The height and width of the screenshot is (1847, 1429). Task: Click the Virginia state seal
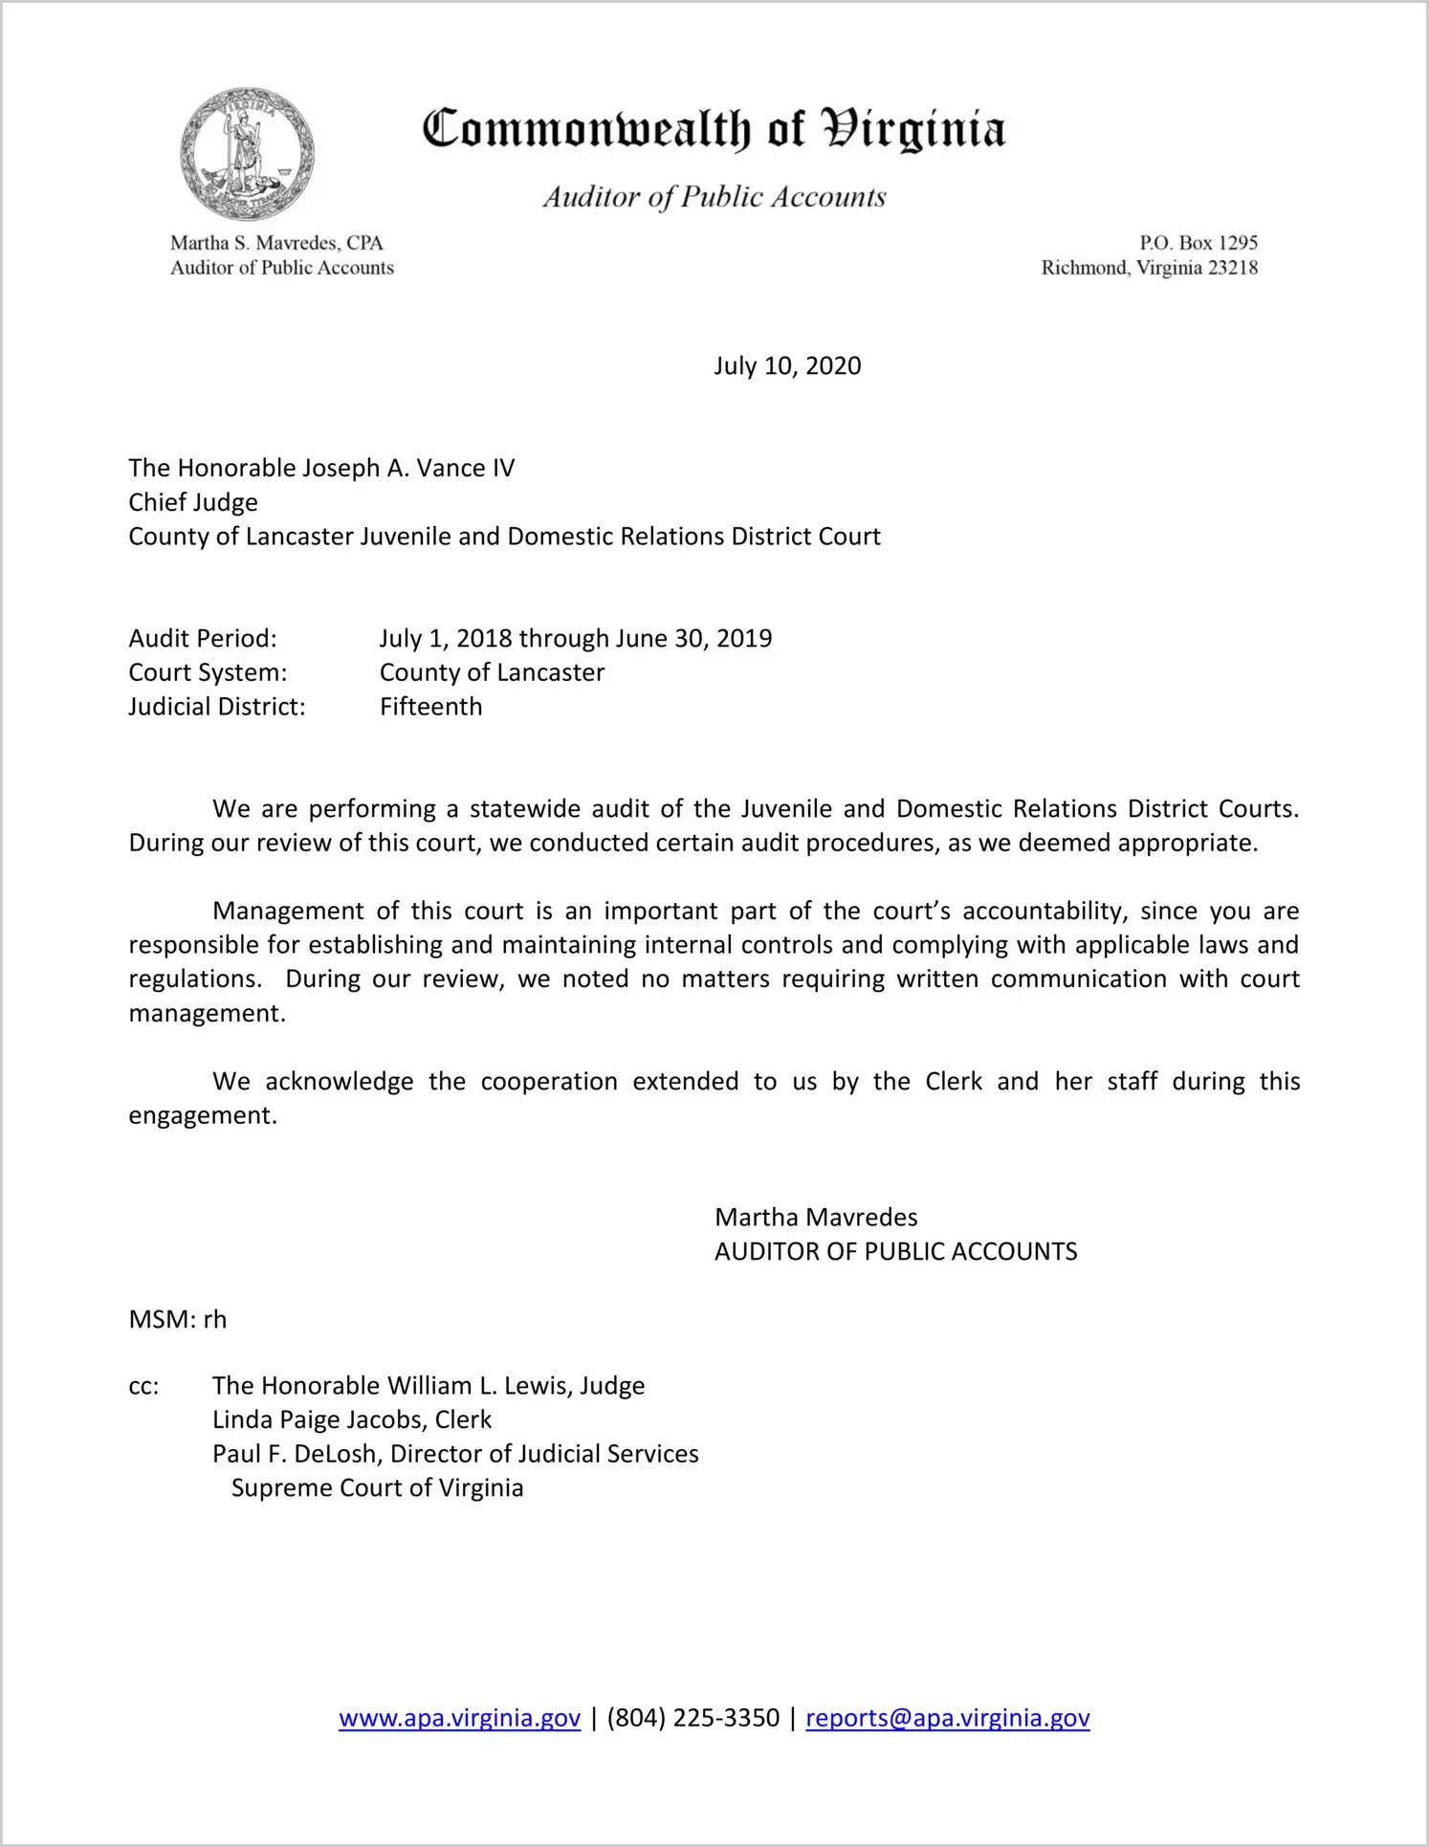tap(247, 154)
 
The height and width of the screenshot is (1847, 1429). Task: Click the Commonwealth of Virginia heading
tap(714, 129)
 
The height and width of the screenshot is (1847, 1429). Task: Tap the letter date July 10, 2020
tap(786, 366)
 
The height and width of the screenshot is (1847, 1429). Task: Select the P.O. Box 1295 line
tap(1198, 243)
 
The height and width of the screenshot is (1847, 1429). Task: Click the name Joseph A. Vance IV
tap(408, 468)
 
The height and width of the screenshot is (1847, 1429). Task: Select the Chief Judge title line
tap(193, 502)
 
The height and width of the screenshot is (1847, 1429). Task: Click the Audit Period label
tap(203, 638)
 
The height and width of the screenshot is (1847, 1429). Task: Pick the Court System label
tap(208, 672)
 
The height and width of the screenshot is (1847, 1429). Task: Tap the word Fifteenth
tap(430, 707)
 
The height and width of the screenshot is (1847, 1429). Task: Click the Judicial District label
tap(217, 707)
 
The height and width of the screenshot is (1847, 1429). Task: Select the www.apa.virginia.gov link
tap(459, 1718)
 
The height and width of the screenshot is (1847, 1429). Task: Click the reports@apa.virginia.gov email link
tap(947, 1718)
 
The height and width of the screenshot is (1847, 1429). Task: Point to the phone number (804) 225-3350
tap(693, 1718)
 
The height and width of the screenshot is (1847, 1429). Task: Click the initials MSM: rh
tap(178, 1320)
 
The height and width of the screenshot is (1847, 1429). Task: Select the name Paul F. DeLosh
tap(295, 1454)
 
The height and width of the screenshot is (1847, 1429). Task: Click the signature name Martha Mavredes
tap(816, 1218)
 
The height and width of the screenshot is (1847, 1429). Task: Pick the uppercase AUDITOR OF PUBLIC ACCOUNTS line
tap(895, 1252)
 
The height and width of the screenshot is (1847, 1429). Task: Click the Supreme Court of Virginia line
tap(377, 1488)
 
